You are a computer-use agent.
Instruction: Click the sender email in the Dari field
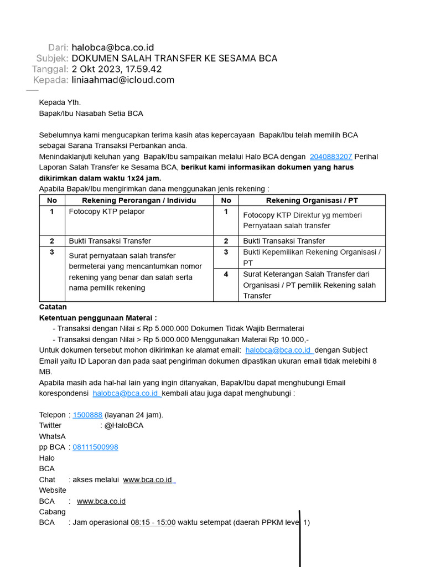pyautogui.click(x=112, y=48)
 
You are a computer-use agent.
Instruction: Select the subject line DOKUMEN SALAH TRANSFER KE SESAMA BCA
pyautogui.click(x=174, y=58)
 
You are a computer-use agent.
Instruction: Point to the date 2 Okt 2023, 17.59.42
pyautogui.click(x=117, y=69)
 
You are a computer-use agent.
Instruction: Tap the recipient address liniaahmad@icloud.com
pyautogui.click(x=123, y=80)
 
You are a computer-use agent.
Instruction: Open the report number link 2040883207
pyautogui.click(x=330, y=157)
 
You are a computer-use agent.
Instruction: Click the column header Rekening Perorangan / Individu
pyautogui.click(x=139, y=200)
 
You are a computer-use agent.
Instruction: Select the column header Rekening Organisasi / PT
pyautogui.click(x=312, y=200)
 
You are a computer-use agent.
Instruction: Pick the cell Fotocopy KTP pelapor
pyautogui.click(x=107, y=212)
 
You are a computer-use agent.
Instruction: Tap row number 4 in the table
pyautogui.click(x=226, y=274)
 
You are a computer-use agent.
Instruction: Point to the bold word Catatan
pyautogui.click(x=53, y=307)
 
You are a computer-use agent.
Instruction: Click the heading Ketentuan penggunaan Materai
pyautogui.click(x=97, y=318)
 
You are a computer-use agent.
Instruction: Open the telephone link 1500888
pyautogui.click(x=87, y=415)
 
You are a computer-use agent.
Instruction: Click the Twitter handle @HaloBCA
pyautogui.click(x=124, y=425)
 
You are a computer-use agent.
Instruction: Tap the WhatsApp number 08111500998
pyautogui.click(x=95, y=447)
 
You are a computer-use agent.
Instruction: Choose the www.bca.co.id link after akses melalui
pyautogui.click(x=148, y=480)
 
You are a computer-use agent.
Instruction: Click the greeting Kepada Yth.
pyautogui.click(x=60, y=102)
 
